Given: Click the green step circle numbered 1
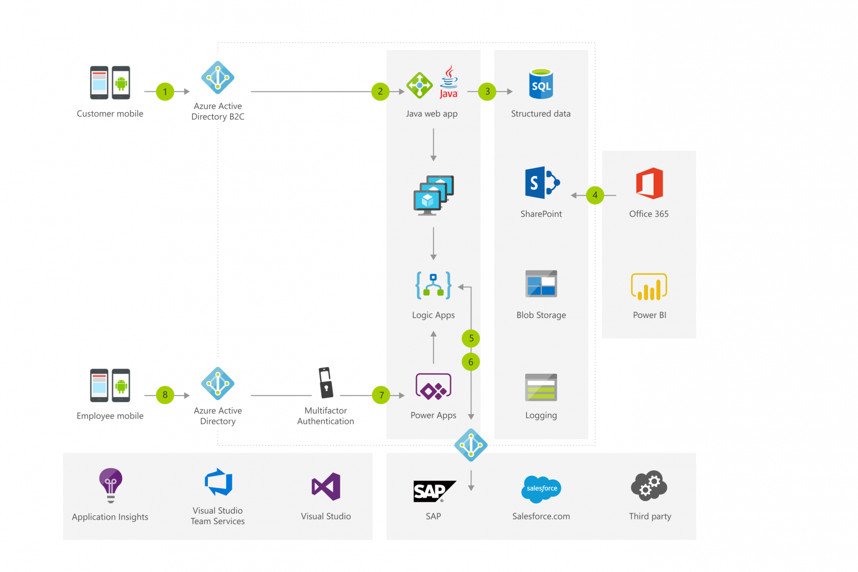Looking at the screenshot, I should [x=165, y=92].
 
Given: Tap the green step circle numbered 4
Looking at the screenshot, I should [x=595, y=196].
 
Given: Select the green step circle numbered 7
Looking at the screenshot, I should [x=381, y=395].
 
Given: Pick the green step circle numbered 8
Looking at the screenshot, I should [x=165, y=395].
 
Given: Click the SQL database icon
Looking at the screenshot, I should [x=541, y=84].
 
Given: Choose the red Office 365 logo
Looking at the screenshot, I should [x=650, y=183].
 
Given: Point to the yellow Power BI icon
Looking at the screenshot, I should [x=649, y=287].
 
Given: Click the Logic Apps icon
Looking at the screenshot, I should [x=433, y=285].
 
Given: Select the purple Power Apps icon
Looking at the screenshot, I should [x=433, y=387].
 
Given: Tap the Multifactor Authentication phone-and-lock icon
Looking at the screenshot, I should [x=326, y=383].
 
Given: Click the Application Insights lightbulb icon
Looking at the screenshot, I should [x=111, y=484].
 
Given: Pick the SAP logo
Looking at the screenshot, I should [x=433, y=491].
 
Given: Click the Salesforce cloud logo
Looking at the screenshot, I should [x=541, y=489].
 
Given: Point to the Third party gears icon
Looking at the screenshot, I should [x=649, y=485].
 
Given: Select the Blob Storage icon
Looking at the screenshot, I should [x=541, y=284].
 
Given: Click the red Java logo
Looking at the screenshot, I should [x=449, y=82].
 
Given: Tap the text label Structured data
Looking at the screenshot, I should [x=541, y=114].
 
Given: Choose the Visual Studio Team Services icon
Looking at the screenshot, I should [x=218, y=482].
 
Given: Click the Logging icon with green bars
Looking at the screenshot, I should [x=541, y=388].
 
